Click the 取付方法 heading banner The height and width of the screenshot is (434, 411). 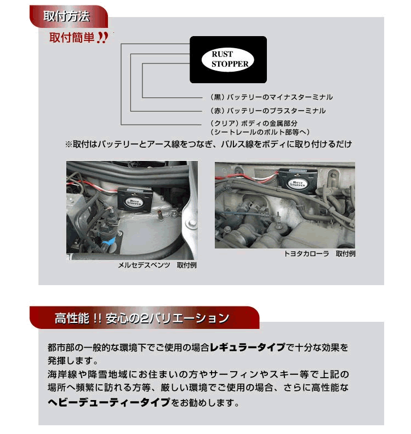click(x=66, y=16)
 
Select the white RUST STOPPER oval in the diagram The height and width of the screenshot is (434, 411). click(x=230, y=59)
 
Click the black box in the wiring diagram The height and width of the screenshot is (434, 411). click(x=228, y=43)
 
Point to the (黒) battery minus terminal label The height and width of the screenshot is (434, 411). click(x=271, y=97)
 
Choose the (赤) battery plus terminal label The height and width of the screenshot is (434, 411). click(x=267, y=111)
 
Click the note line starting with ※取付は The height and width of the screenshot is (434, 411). click(x=208, y=144)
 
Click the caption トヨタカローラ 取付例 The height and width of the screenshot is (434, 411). click(x=319, y=254)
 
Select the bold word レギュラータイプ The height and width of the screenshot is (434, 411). click(x=252, y=348)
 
